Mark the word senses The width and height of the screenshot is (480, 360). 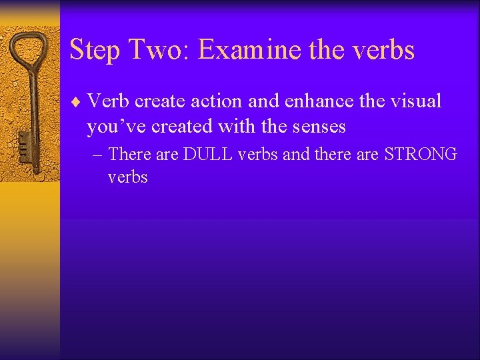tap(318, 126)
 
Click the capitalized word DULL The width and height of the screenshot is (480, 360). tap(207, 155)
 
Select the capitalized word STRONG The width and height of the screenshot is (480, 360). tap(421, 155)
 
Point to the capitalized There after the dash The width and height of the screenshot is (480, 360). tap(130, 155)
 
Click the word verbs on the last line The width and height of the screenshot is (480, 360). tap(127, 177)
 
